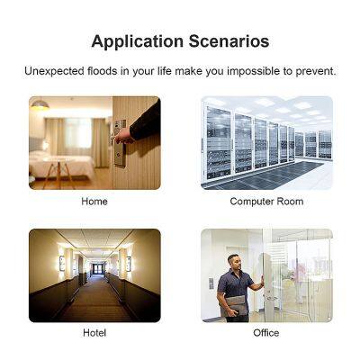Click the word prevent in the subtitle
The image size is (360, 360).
tap(315, 71)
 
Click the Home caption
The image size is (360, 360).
tap(94, 202)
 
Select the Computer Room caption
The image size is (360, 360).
tap(266, 202)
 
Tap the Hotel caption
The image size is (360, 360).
tap(94, 333)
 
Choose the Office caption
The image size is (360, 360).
tap(266, 333)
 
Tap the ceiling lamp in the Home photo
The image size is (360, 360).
tap(40, 105)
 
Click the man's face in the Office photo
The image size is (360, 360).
tap(235, 263)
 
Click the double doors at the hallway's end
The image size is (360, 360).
tap(94, 268)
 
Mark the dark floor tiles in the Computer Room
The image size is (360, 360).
tap(270, 171)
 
